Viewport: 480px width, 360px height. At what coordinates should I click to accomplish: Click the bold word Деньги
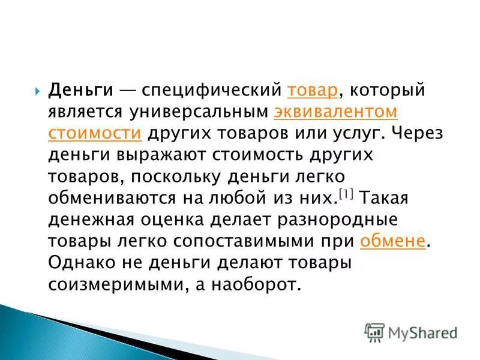pyautogui.click(x=81, y=90)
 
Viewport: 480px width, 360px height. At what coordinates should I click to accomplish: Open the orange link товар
pyautogui.click(x=312, y=90)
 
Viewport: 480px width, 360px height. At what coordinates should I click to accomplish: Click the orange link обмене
pyautogui.click(x=393, y=241)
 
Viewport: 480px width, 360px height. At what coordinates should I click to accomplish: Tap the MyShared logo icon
pyautogui.click(x=374, y=331)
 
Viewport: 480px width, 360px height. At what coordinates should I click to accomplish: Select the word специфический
pyautogui.click(x=212, y=90)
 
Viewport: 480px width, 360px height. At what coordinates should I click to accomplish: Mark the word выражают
pyautogui.click(x=160, y=155)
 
